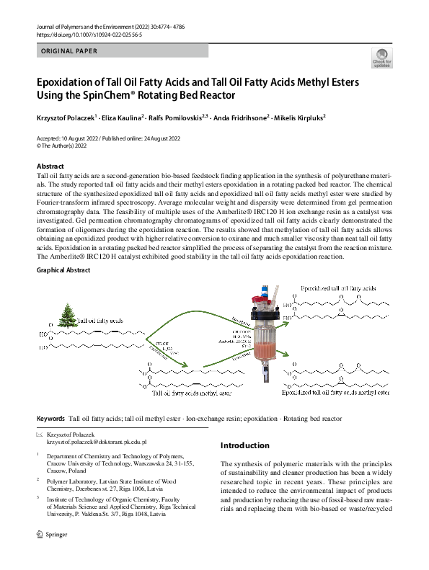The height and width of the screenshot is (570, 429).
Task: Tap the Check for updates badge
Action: pyautogui.click(x=381, y=58)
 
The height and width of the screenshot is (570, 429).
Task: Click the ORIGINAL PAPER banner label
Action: pyautogui.click(x=69, y=51)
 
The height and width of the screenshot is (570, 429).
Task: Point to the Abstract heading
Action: pyautogui.click(x=50, y=166)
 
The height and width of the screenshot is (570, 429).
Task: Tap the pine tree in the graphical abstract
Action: pyautogui.click(x=69, y=319)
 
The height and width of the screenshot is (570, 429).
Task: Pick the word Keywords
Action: pyautogui.click(x=50, y=418)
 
